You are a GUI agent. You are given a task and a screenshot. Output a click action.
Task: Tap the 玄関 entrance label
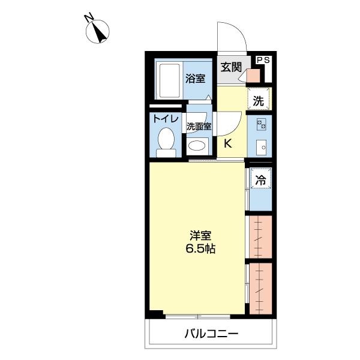coord(230,67)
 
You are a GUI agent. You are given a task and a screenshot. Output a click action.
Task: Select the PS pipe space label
coord(263,60)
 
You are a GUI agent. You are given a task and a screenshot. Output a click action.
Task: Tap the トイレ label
coord(165,118)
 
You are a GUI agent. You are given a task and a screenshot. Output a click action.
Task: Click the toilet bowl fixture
coord(166,142)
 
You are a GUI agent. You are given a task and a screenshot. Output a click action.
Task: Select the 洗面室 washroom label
coord(199,127)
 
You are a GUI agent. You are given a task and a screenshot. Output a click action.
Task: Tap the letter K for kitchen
coord(229,143)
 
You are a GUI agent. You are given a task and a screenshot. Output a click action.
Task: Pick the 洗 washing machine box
coord(259,101)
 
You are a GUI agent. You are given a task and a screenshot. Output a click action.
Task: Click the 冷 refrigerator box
coord(260,178)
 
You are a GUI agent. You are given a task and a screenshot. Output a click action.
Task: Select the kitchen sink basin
coord(260,147)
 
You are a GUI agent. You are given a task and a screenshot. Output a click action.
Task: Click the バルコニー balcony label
coord(211,334)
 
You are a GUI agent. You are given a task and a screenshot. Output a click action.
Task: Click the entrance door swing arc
coord(237,36)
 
